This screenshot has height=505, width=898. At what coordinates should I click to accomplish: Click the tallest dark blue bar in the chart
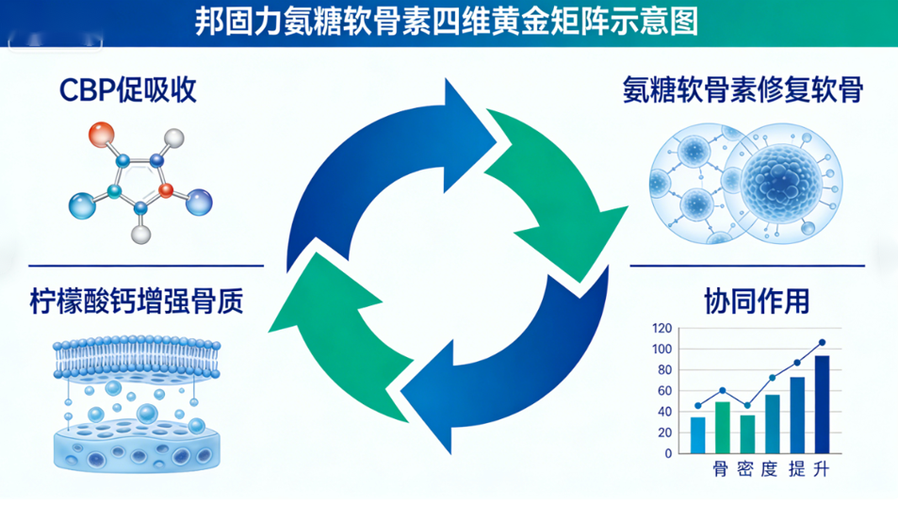(822, 403)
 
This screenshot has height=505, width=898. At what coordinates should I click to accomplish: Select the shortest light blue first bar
(697, 434)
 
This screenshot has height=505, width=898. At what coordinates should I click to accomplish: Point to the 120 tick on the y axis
(661, 329)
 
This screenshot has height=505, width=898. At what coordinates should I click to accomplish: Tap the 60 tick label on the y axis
(665, 391)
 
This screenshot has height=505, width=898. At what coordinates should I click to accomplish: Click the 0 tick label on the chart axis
(668, 453)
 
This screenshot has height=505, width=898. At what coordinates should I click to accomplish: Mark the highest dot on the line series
(822, 343)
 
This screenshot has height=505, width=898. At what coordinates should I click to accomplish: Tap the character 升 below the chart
(821, 468)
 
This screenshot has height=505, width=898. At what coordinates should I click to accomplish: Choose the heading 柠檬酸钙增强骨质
(137, 303)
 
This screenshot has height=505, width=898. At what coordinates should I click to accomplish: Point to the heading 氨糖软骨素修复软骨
(743, 90)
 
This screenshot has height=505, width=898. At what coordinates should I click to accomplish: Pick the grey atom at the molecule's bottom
(141, 230)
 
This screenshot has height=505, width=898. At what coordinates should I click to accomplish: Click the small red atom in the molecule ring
(166, 192)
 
